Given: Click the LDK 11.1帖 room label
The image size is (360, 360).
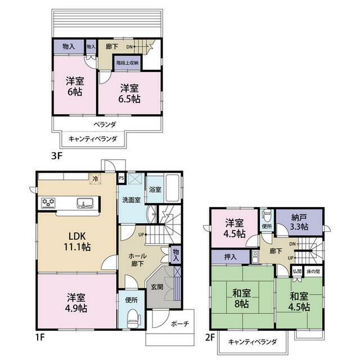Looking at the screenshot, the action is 77,241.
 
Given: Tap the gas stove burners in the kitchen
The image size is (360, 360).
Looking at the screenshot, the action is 48,203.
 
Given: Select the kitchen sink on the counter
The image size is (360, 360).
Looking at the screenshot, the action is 85,203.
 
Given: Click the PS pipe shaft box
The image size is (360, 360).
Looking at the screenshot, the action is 121,178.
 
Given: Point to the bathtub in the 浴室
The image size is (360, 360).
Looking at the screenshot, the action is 172,188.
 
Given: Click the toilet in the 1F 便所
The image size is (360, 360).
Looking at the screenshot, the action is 134,318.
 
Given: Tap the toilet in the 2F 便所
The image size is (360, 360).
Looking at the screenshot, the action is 267,215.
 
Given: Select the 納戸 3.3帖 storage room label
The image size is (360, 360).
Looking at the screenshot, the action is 299,222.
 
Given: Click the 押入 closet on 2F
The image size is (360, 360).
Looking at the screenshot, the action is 230,256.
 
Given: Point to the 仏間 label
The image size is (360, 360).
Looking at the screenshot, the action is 297,271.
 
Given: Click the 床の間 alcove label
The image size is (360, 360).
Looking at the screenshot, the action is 313,271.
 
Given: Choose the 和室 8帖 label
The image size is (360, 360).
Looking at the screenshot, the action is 241,298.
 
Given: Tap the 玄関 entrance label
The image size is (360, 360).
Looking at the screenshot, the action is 157,286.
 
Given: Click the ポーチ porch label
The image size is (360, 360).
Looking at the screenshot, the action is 180,324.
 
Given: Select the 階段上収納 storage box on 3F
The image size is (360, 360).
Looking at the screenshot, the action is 128,62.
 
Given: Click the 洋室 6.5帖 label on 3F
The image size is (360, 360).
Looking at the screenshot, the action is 129,93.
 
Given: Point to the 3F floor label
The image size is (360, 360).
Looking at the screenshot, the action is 57,156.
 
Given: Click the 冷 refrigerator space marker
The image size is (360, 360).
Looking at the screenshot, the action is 95,179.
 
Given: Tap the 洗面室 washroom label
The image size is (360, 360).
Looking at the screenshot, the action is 131,200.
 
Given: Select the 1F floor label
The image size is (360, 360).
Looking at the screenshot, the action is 40,337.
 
